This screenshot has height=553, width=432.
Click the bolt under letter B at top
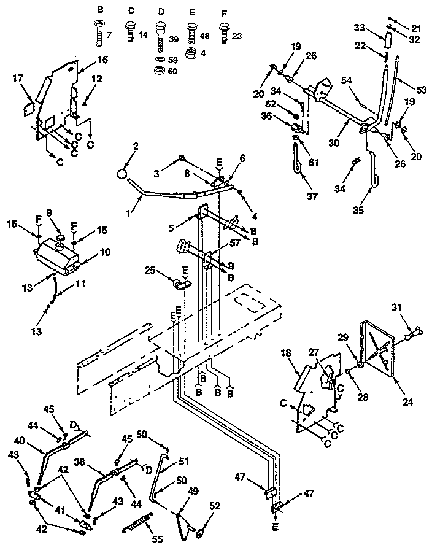point(101,31)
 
